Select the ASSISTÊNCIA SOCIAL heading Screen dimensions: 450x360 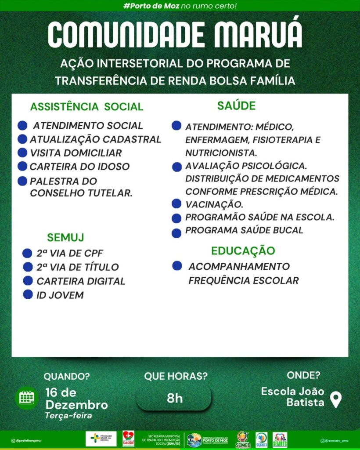click(x=86, y=107)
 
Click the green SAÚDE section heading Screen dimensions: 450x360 click(x=236, y=106)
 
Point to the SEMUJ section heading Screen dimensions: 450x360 click(x=65, y=238)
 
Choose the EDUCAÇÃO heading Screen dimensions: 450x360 click(x=243, y=251)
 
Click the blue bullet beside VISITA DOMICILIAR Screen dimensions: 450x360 click(x=22, y=153)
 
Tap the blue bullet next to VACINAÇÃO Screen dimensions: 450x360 click(x=176, y=203)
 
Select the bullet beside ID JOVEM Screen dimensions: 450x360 click(x=28, y=294)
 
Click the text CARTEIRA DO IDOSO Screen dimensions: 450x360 click(x=79, y=167)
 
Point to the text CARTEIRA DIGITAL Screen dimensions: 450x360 click(x=81, y=281)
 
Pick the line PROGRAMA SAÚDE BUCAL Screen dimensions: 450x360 click(x=244, y=230)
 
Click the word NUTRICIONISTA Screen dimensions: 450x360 click(x=221, y=153)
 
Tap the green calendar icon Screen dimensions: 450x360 click(x=27, y=398)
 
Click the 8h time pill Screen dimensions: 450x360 click(x=174, y=398)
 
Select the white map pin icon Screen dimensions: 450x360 click(x=335, y=400)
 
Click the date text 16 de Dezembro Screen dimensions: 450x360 click(x=76, y=398)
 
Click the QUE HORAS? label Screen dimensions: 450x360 click(x=176, y=376)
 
